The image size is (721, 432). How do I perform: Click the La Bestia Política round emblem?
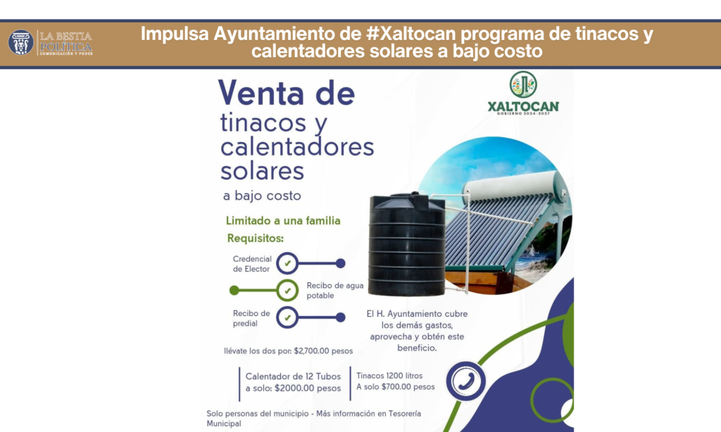click(20, 43)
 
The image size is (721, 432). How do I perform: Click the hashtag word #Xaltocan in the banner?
click(411, 34)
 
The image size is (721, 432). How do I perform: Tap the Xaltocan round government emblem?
click(523, 84)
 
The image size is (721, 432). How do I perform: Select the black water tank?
click(407, 244)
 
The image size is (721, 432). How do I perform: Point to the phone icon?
click(466, 381)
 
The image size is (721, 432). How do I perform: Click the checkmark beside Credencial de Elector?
click(287, 263)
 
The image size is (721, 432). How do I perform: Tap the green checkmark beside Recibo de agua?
click(287, 291)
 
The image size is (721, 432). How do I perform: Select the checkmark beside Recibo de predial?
click(287, 317)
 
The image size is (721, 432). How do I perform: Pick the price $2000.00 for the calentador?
click(294, 388)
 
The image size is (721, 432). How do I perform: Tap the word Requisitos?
click(255, 239)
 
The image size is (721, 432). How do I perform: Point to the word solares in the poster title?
click(262, 171)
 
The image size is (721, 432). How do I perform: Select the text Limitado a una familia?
click(283, 221)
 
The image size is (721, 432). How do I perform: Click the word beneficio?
click(417, 348)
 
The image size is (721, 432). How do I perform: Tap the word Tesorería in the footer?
click(405, 414)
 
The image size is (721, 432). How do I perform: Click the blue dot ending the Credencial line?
click(340, 263)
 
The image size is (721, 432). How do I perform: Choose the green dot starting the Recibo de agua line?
click(234, 291)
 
